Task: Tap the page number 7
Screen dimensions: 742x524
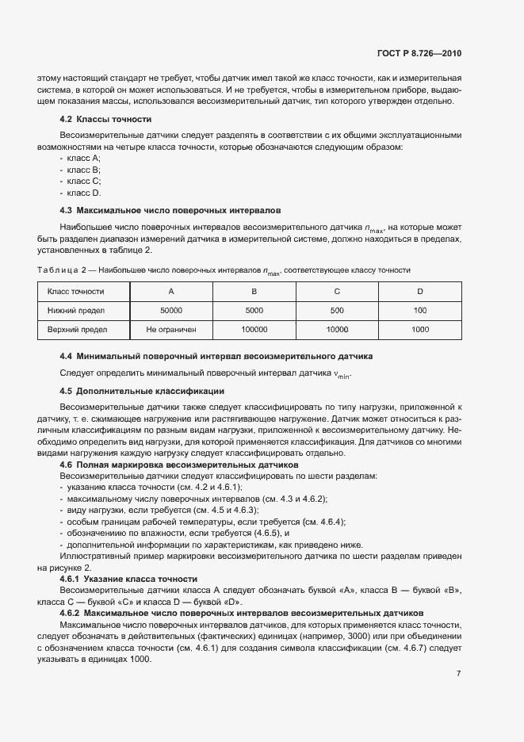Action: click(458, 674)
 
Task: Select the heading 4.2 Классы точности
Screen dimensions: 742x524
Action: click(105, 119)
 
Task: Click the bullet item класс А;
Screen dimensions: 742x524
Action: click(84, 159)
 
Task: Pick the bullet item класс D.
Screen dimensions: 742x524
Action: click(84, 193)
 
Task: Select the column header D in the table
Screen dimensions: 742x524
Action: click(420, 291)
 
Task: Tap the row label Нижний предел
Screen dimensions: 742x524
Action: click(76, 310)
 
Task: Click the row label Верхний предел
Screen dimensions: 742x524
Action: click(77, 329)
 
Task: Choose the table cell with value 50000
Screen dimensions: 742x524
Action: click(171, 310)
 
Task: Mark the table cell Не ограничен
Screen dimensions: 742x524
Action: click(171, 329)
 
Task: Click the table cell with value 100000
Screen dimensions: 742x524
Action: click(254, 329)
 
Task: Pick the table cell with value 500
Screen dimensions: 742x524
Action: click(337, 310)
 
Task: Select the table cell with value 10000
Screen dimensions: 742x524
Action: click(337, 329)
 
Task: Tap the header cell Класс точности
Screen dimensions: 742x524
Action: click(76, 291)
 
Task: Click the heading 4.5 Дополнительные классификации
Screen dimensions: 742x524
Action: click(142, 391)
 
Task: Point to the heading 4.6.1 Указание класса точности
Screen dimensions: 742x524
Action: click(128, 579)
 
